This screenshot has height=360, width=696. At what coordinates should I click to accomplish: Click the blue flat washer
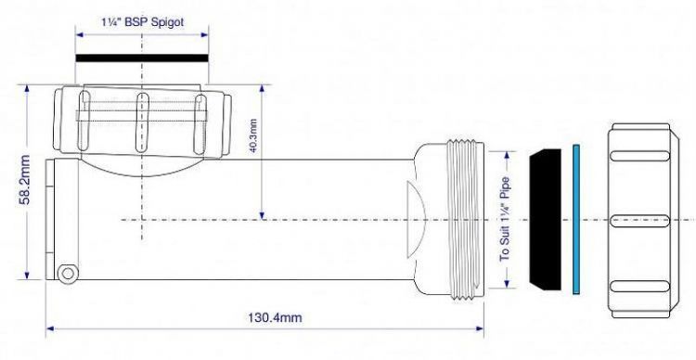[575, 219]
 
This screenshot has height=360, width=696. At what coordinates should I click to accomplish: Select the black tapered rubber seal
[544, 219]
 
